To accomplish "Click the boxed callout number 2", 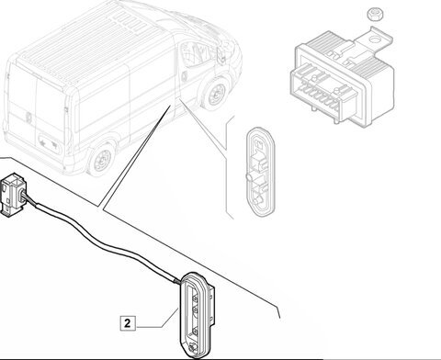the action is click(127, 323).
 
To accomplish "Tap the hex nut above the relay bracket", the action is click(375, 15).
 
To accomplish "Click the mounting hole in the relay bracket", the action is click(374, 39).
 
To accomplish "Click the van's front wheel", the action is click(214, 93).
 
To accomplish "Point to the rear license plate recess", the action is click(49, 142).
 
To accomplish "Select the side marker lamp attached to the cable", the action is click(197, 315).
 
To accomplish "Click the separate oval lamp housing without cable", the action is click(261, 173).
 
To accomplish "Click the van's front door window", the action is click(194, 54).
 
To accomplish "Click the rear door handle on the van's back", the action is click(29, 117).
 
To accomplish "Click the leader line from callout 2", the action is click(158, 320).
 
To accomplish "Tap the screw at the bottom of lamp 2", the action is click(193, 348).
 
